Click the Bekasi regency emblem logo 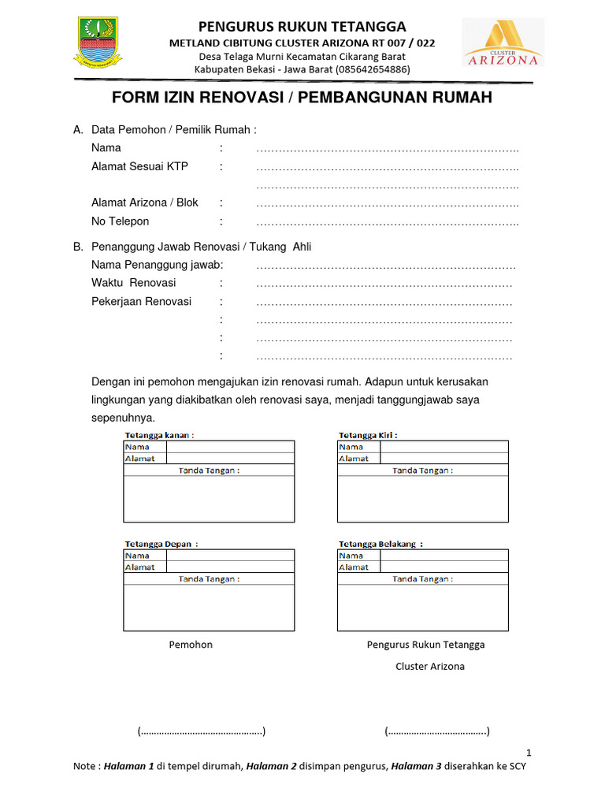[98, 43]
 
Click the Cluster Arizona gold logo [514, 43]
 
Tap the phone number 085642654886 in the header [372, 69]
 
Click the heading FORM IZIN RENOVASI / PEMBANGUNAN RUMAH [302, 98]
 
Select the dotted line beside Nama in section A [387, 148]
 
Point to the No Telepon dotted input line [387, 222]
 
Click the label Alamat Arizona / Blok [145, 203]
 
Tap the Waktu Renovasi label [134, 282]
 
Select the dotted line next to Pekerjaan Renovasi [384, 302]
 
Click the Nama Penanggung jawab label [157, 264]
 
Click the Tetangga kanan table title [160, 434]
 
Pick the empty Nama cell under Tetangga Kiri [444, 447]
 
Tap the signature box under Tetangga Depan [209, 608]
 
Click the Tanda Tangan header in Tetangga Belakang [422, 578]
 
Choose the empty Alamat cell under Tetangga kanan [230, 458]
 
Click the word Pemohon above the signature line [191, 645]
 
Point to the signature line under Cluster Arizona [437, 732]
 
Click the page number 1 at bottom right [529, 752]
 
